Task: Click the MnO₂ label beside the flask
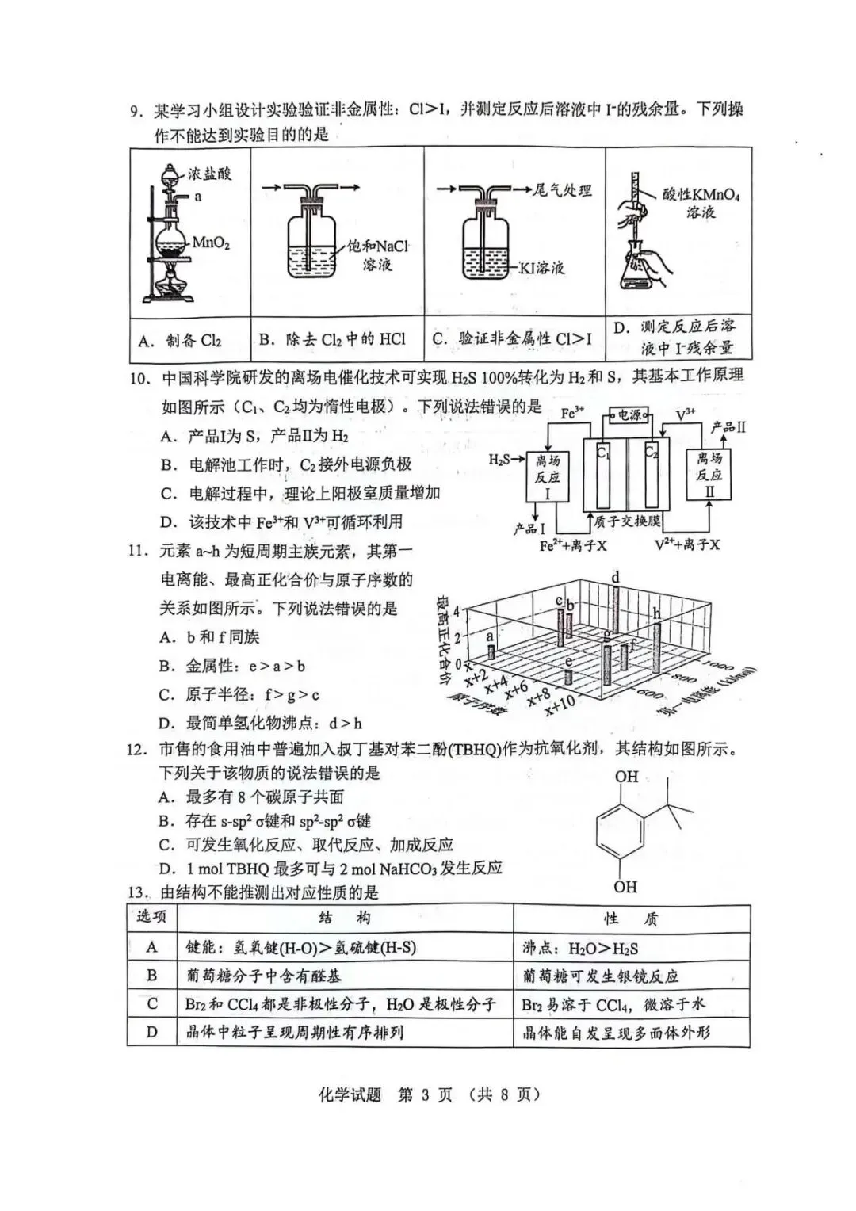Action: tap(211, 243)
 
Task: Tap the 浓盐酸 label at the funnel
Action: tap(209, 174)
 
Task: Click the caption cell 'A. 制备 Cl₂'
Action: tap(180, 341)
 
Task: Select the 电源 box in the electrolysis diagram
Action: tap(629, 414)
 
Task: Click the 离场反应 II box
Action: tap(709, 476)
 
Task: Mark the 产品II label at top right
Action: tap(728, 427)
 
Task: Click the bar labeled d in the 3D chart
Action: tap(615, 606)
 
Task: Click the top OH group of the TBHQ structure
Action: tap(626, 777)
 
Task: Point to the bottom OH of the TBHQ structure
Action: tap(625, 886)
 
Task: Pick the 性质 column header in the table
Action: tap(631, 919)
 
